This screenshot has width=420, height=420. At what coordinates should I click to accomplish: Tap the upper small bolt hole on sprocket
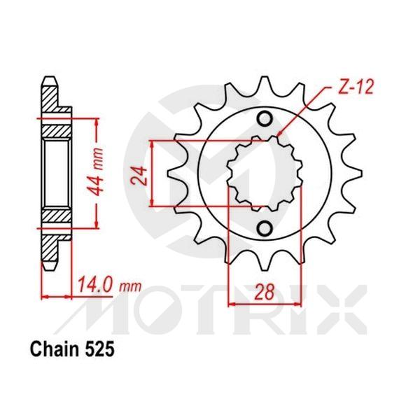265,120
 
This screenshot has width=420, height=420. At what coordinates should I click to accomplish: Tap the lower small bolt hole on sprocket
265,228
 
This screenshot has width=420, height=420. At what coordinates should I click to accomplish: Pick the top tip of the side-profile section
50,78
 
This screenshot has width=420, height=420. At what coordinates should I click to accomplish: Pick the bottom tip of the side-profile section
50,269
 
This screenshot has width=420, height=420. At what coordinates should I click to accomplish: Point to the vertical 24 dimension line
153,174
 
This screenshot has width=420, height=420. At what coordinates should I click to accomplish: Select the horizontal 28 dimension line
263,303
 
